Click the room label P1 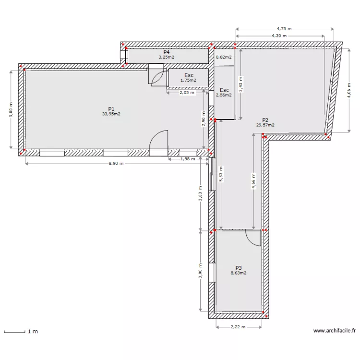(x=111, y=109)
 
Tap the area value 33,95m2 (x=111, y=114)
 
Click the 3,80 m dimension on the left (x=11, y=109)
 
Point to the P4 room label (x=167, y=52)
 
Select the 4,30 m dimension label (x=279, y=36)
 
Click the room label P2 (x=265, y=120)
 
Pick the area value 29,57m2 (x=265, y=125)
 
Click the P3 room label (x=239, y=268)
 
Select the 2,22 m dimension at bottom (x=238, y=327)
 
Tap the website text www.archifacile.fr (x=335, y=331)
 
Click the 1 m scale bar (x=14, y=332)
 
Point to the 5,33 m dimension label (x=221, y=175)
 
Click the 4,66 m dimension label (x=253, y=181)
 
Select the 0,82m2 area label (x=224, y=57)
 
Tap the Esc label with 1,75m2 (x=189, y=75)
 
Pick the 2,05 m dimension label (x=187, y=93)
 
